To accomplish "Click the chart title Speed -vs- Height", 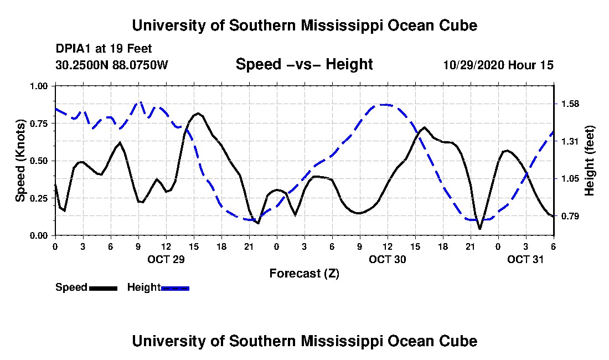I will click(x=304, y=64).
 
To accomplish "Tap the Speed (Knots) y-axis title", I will click(x=20, y=160).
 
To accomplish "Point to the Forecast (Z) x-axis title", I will click(x=304, y=273).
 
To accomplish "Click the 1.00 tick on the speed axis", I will click(x=40, y=86).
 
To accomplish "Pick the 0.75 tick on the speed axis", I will click(x=40, y=123).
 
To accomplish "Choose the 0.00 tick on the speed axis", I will click(x=40, y=235).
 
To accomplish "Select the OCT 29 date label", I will click(x=166, y=259).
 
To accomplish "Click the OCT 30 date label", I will click(x=388, y=259).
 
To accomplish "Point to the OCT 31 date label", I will click(x=526, y=259).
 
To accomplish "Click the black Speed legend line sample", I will click(x=103, y=288).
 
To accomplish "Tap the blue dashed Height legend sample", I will click(x=175, y=288).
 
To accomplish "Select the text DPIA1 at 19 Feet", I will click(x=104, y=49).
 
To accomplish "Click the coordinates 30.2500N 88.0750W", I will click(x=112, y=65).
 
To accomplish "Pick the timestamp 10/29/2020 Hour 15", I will click(x=498, y=65).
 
